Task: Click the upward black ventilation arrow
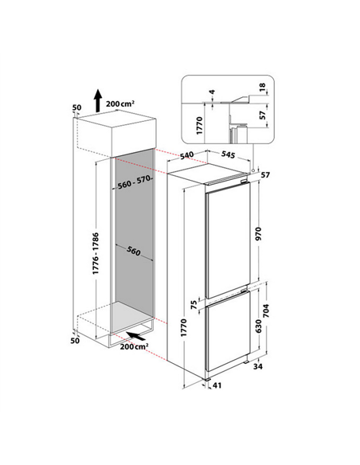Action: [x=98, y=100]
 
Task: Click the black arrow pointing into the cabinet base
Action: [x=136, y=335]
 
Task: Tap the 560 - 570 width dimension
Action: [x=135, y=182]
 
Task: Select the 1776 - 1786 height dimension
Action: [x=96, y=253]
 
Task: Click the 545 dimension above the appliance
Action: [x=228, y=154]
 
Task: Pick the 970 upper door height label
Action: [x=259, y=233]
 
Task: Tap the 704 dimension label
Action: [x=266, y=311]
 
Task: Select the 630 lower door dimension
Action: [x=259, y=326]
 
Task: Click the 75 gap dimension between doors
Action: [x=194, y=305]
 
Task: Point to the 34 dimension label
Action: [x=258, y=366]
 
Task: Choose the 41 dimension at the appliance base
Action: [x=217, y=385]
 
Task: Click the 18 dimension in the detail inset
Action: [x=263, y=87]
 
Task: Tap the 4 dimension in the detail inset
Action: [x=213, y=92]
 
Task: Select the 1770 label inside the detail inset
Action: [x=200, y=126]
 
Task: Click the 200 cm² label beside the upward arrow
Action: [x=120, y=104]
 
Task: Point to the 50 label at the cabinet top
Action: [x=76, y=107]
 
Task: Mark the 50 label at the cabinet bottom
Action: [x=75, y=341]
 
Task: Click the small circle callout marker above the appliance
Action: [x=253, y=170]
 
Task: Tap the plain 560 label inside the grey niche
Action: [x=134, y=251]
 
